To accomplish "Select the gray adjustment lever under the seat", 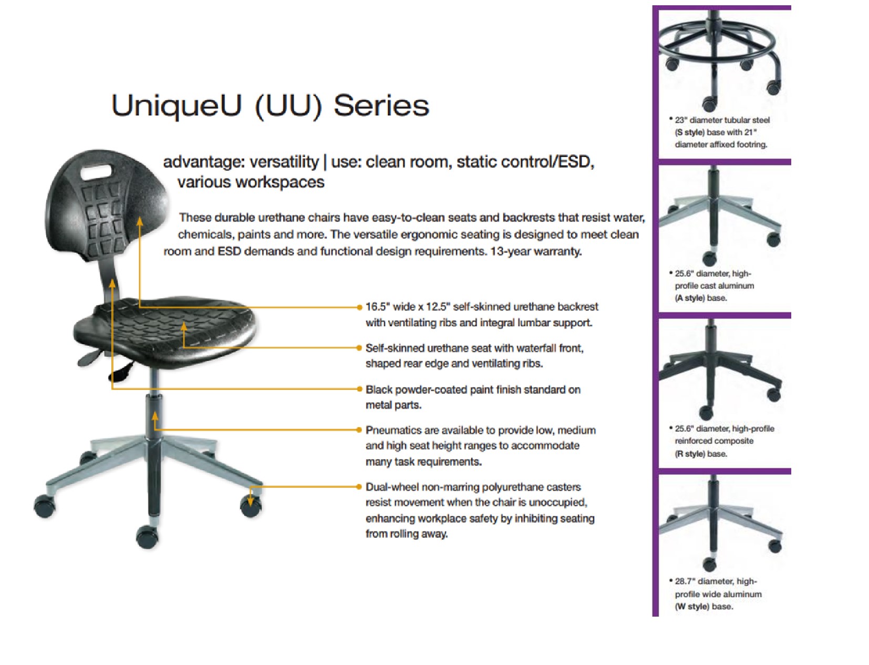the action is (x=89, y=357).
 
